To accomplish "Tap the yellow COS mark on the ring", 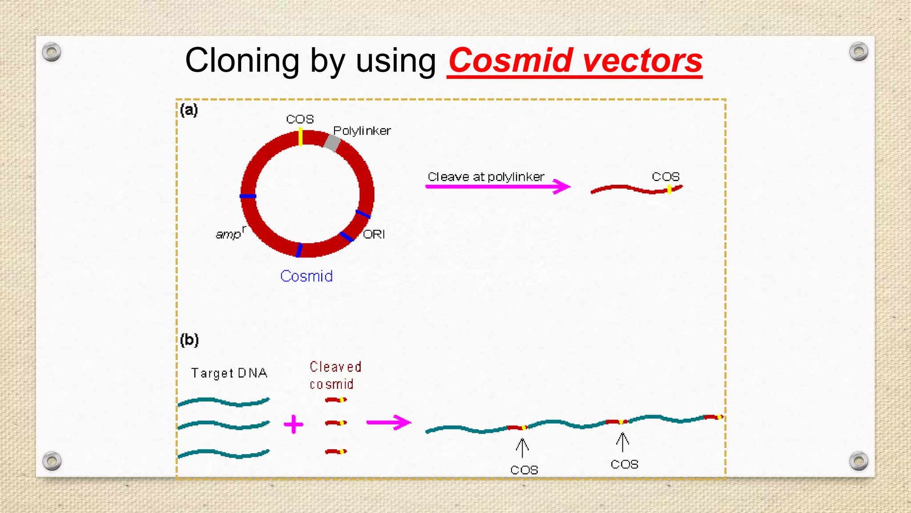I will click(x=301, y=137).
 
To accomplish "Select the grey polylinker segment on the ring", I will click(x=332, y=143).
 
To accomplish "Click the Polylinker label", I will click(x=362, y=131).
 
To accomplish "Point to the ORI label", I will click(x=374, y=234).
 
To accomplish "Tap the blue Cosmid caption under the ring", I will click(x=306, y=276).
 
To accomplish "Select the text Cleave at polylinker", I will click(x=486, y=177).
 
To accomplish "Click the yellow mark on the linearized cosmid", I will click(x=669, y=190).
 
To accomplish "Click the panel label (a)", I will click(x=189, y=110).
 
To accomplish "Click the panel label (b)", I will click(x=189, y=340).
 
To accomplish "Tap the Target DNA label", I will click(x=229, y=373).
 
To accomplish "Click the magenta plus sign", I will click(x=294, y=424).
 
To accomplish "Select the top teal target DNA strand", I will click(x=224, y=402).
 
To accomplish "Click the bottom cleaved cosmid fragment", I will click(x=336, y=452).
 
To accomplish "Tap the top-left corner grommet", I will click(x=52, y=53).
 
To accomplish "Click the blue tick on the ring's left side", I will click(x=248, y=196).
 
